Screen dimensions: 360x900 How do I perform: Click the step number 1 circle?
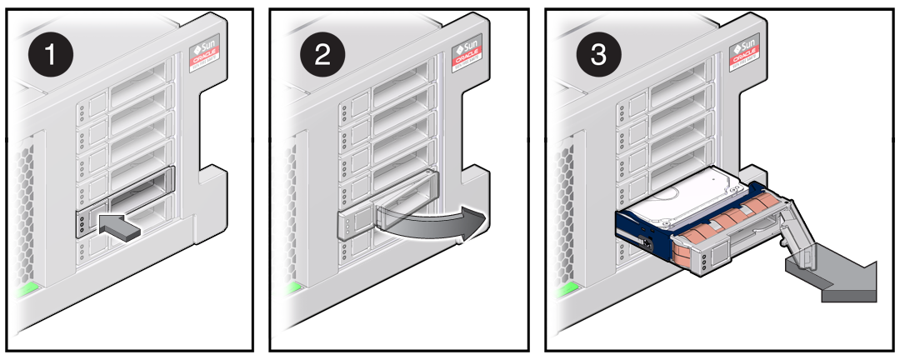(x=51, y=55)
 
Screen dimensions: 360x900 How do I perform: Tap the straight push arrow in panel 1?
(x=119, y=224)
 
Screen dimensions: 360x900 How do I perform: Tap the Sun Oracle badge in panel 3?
(x=744, y=53)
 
